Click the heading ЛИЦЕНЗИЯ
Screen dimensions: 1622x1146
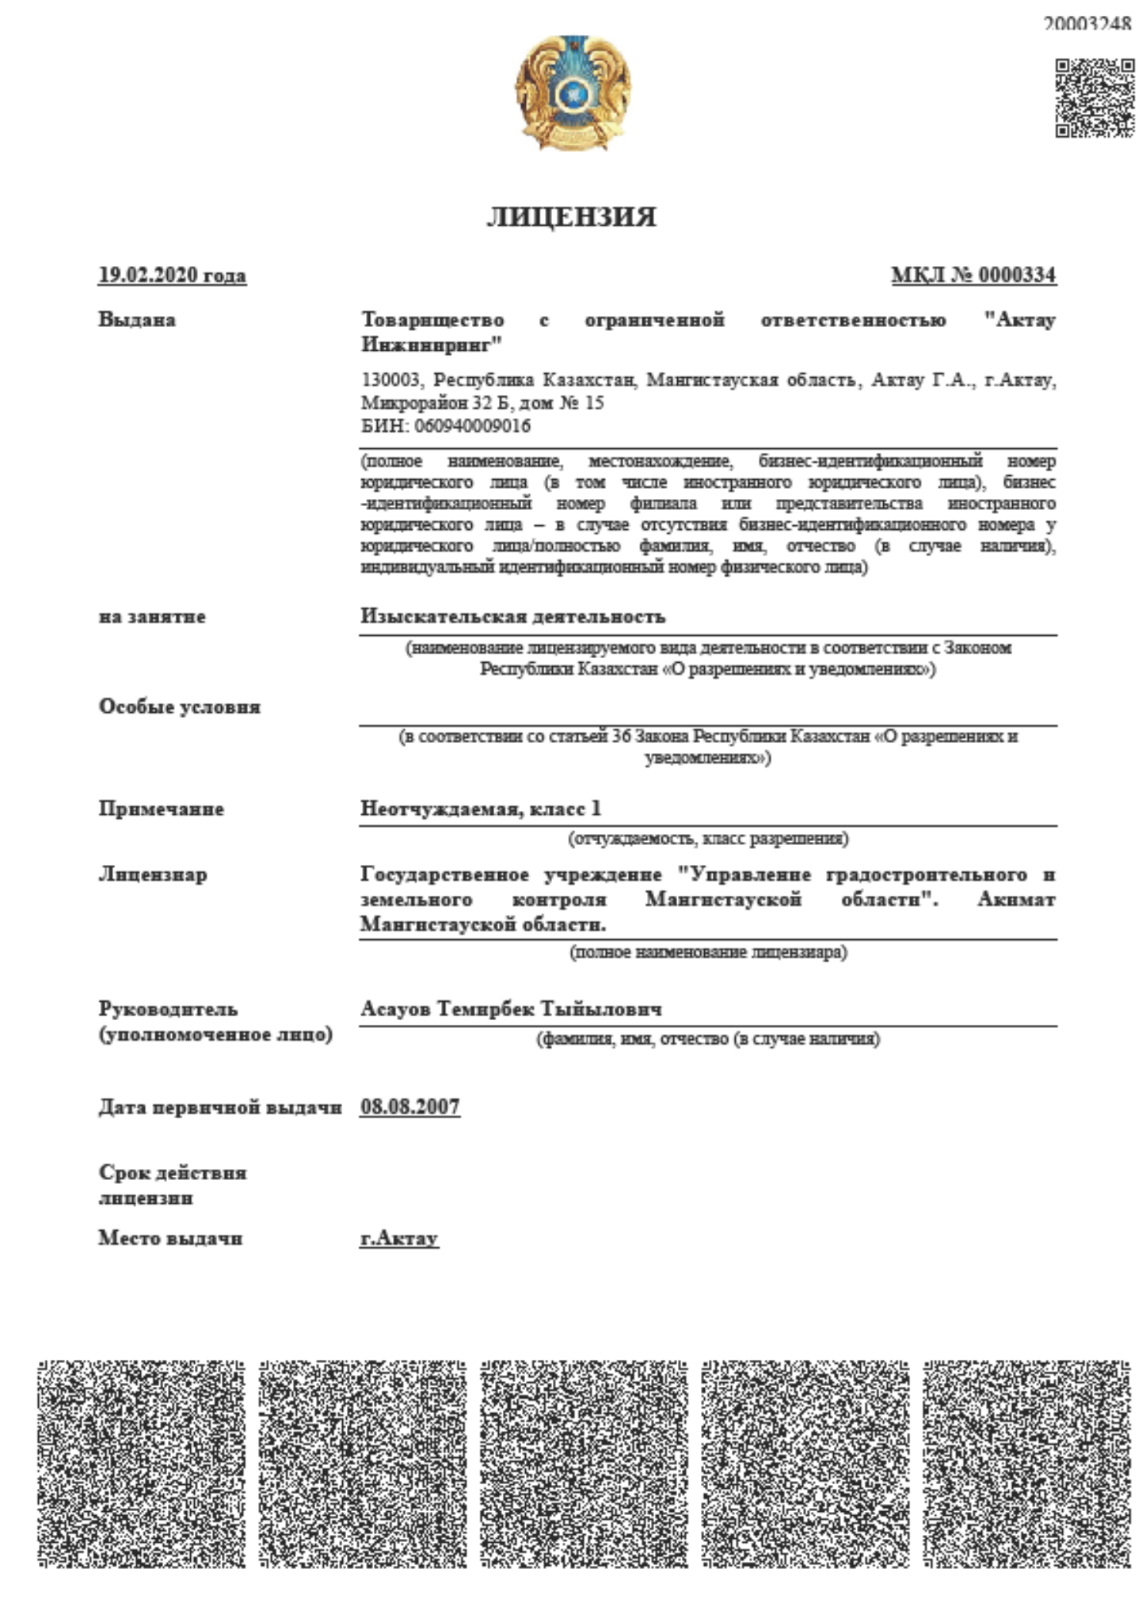click(571, 217)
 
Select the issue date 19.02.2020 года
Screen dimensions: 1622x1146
click(172, 276)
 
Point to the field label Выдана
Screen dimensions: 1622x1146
click(137, 320)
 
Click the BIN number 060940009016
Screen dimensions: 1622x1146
click(472, 426)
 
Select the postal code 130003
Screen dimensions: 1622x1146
click(391, 380)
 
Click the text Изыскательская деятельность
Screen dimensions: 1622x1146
click(512, 616)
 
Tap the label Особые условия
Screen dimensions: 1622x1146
click(179, 706)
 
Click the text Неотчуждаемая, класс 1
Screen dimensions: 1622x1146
click(480, 809)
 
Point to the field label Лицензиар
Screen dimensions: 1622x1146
click(152, 874)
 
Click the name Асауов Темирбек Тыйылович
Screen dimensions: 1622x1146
click(511, 1009)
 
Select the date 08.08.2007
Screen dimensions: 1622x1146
click(409, 1106)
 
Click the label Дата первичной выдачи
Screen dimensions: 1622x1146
click(219, 1107)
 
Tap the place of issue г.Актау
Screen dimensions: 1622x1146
click(398, 1238)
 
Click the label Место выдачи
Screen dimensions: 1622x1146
click(170, 1238)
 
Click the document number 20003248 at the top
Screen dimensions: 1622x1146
click(1086, 24)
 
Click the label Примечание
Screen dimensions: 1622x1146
click(161, 809)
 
